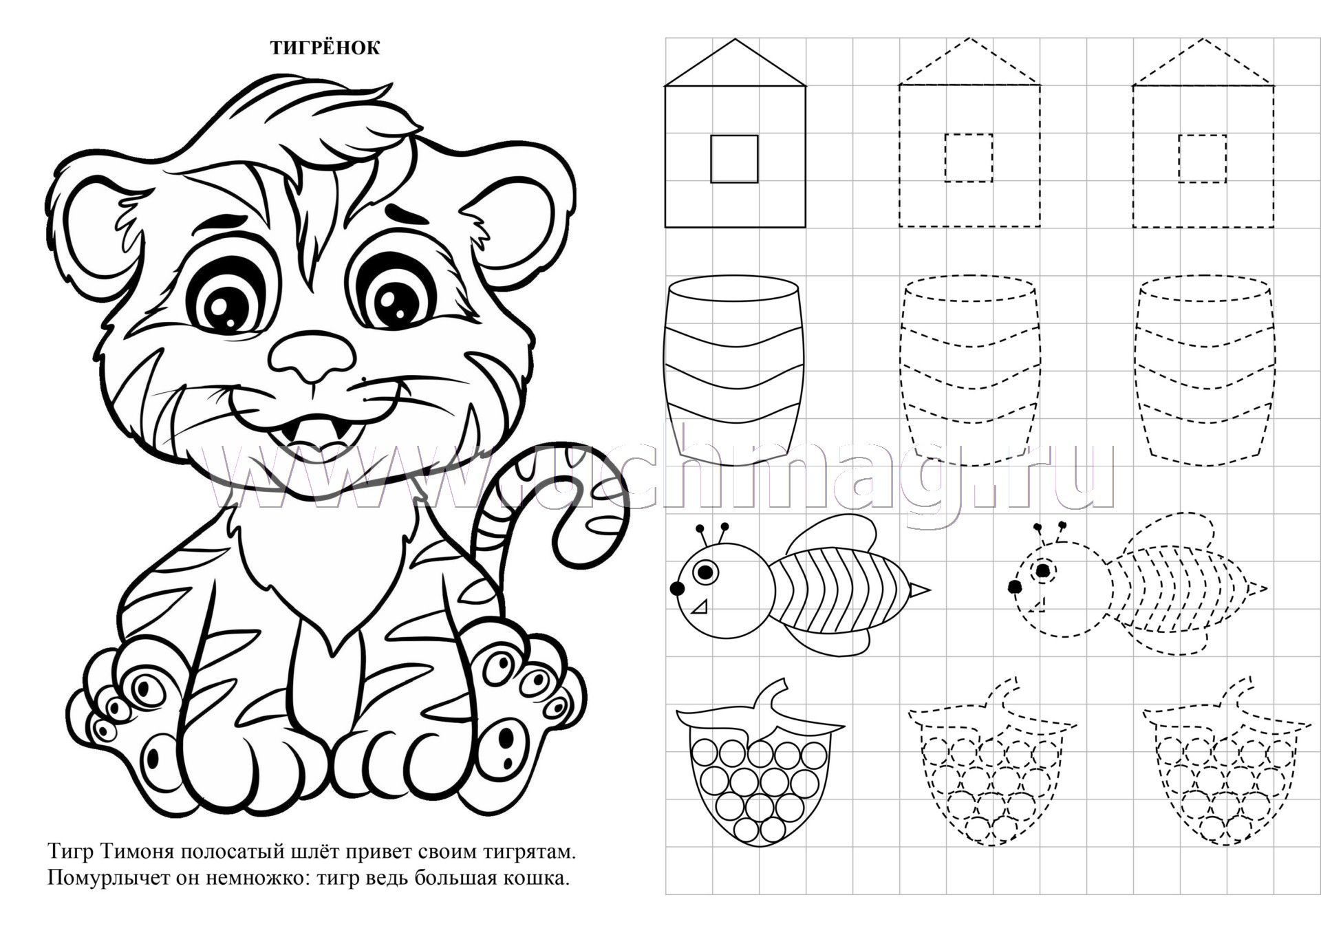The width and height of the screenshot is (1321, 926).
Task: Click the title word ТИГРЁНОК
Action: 324,47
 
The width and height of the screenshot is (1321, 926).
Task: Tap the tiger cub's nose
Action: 312,356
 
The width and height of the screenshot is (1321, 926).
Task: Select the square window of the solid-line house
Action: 734,159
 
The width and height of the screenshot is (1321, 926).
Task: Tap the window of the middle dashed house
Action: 969,158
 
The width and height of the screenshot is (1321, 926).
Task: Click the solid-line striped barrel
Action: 734,364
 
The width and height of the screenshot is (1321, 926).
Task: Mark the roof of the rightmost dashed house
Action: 1203,62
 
